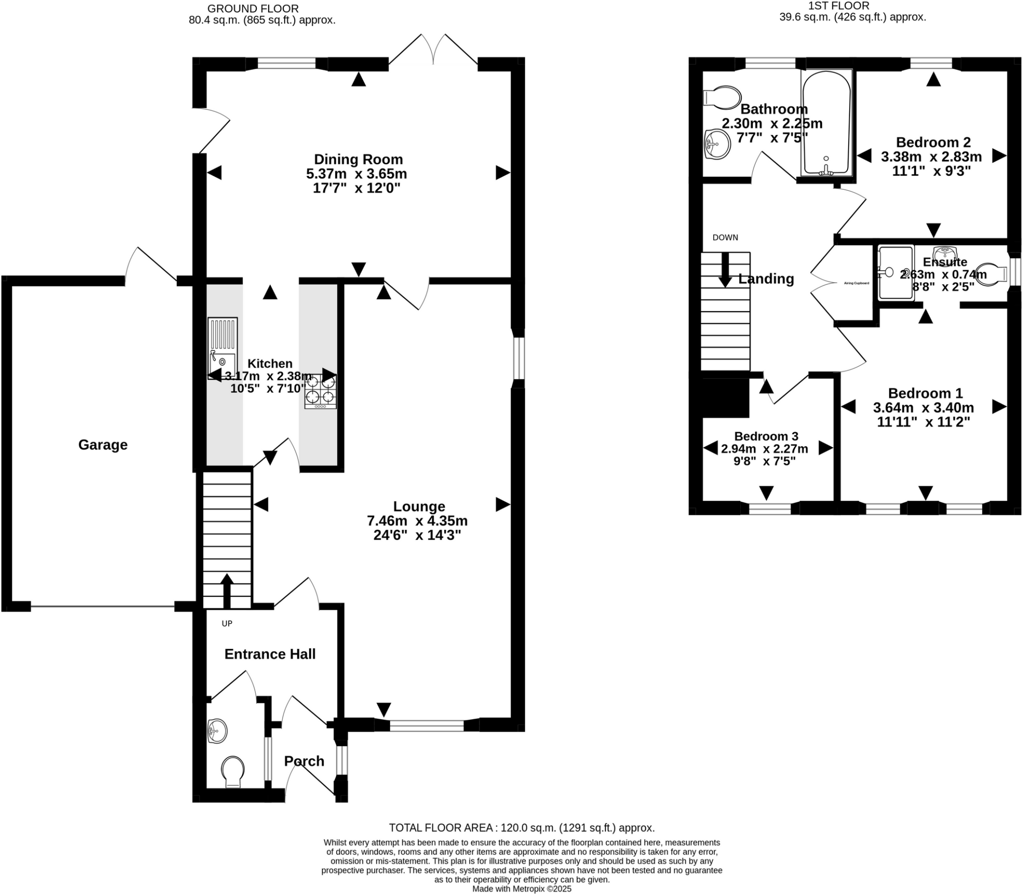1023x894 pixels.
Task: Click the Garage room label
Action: click(103, 445)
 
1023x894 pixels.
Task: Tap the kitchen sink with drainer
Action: click(223, 348)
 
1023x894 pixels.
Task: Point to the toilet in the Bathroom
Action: click(722, 98)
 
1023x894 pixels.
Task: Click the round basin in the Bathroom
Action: click(717, 144)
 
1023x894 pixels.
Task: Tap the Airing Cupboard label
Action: click(856, 283)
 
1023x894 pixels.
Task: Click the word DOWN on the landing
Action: click(725, 238)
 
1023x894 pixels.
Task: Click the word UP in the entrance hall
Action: click(227, 623)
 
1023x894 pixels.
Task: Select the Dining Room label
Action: click(358, 159)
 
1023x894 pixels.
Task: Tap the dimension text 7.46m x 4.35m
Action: click(417, 521)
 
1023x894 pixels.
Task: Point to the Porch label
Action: click(304, 761)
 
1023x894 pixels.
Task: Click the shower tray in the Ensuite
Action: click(896, 273)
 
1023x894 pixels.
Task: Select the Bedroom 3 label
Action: click(766, 436)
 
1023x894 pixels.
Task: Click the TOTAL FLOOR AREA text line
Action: click(521, 828)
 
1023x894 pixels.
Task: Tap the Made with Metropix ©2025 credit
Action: click(521, 889)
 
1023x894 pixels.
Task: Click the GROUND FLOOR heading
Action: click(253, 8)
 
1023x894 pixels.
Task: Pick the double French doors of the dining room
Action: click(433, 50)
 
